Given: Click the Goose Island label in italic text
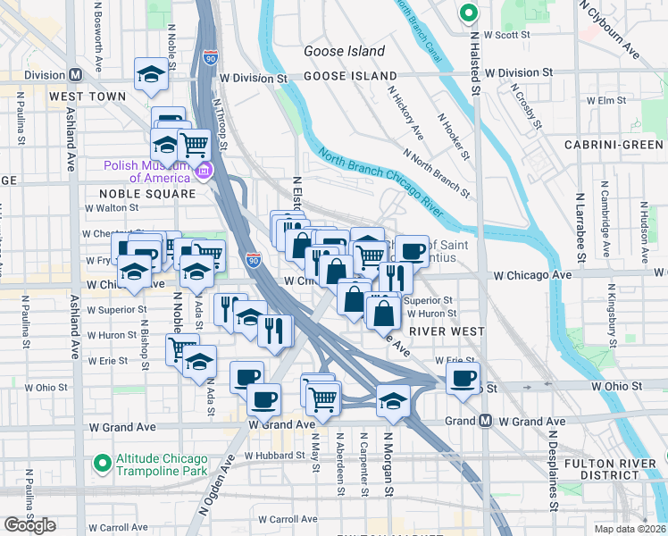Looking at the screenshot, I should [344, 52].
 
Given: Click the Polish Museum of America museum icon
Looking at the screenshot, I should [205, 171].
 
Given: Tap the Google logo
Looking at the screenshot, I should [29, 525].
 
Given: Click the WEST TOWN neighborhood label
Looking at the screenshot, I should [88, 96].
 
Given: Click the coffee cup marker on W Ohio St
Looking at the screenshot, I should [463, 378].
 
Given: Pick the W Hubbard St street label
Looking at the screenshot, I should [278, 455].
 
